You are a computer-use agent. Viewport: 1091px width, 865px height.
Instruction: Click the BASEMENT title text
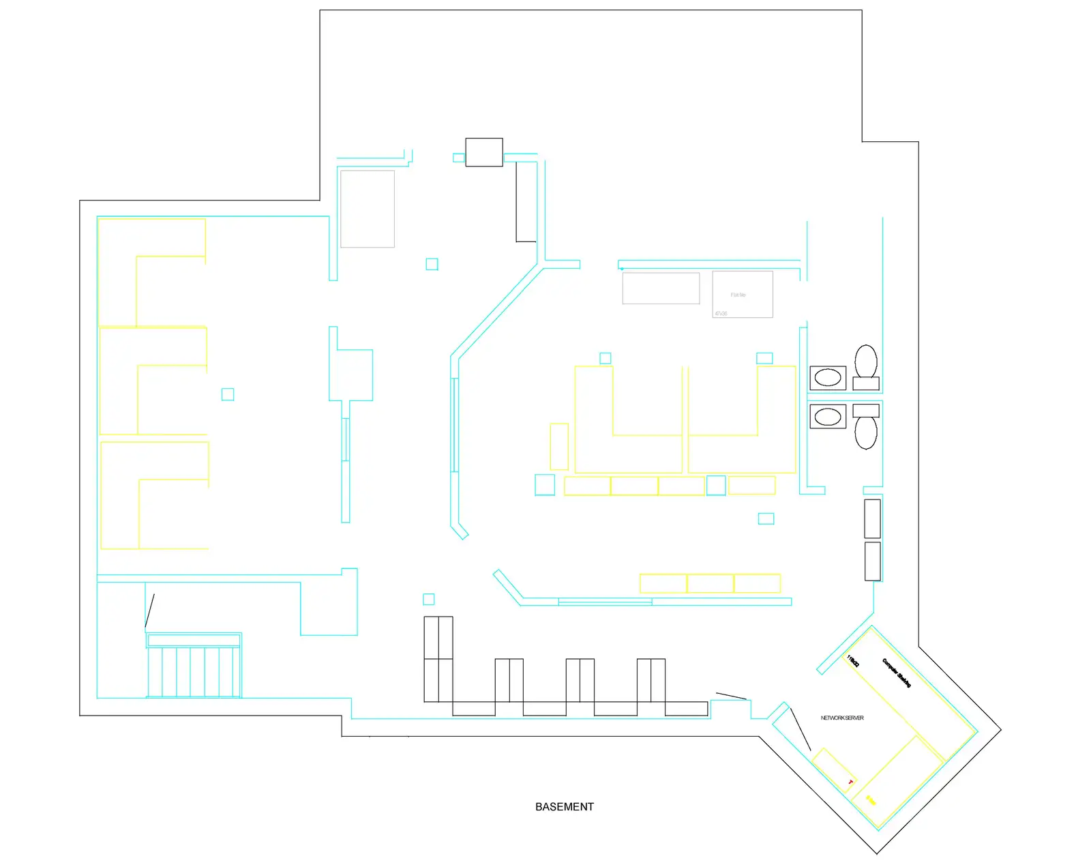(564, 806)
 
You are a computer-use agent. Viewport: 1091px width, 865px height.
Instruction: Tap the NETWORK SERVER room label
(842, 718)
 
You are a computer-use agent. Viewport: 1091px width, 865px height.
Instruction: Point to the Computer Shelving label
(897, 673)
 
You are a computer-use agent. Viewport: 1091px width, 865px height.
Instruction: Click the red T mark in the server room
(850, 782)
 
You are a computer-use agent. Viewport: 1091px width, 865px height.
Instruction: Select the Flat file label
(738, 295)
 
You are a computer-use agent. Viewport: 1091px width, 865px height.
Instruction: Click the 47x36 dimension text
(721, 314)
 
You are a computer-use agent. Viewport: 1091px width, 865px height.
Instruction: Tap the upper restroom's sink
(828, 377)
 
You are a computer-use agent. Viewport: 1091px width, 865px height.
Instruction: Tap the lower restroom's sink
(828, 416)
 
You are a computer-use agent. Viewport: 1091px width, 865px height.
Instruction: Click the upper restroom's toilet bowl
(866, 360)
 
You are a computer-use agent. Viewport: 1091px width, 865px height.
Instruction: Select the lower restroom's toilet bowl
(866, 433)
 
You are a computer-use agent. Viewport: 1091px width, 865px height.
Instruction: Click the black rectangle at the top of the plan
(484, 152)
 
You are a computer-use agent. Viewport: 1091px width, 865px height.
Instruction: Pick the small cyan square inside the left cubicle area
(228, 394)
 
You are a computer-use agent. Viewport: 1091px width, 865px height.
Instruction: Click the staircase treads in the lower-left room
(194, 671)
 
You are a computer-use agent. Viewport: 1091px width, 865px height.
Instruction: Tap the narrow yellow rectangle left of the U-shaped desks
(559, 446)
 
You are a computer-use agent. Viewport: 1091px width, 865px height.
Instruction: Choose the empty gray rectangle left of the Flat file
(661, 288)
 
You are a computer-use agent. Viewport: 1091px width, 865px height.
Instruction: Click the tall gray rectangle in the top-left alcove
(368, 209)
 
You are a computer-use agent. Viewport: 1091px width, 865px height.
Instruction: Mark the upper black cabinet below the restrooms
(872, 518)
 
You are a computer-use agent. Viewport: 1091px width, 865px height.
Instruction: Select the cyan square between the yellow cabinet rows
(716, 485)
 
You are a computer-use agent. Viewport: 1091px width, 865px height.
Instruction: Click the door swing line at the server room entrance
(800, 729)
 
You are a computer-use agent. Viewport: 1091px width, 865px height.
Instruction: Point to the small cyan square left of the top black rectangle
(459, 158)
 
